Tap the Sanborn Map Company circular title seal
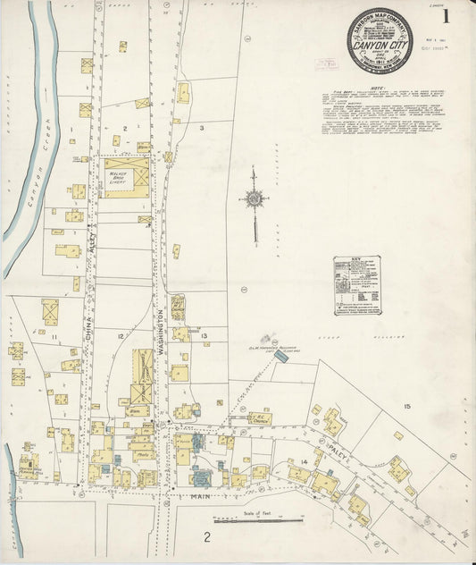pyautogui.click(x=362, y=40)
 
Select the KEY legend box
pyautogui.click(x=355, y=284)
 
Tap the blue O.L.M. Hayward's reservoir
pyautogui.click(x=281, y=356)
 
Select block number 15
pyautogui.click(x=407, y=407)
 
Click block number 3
pyautogui.click(x=203, y=129)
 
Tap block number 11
pyautogui.click(x=54, y=335)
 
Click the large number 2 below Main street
pyautogui.click(x=206, y=537)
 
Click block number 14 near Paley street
pyautogui.click(x=305, y=460)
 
